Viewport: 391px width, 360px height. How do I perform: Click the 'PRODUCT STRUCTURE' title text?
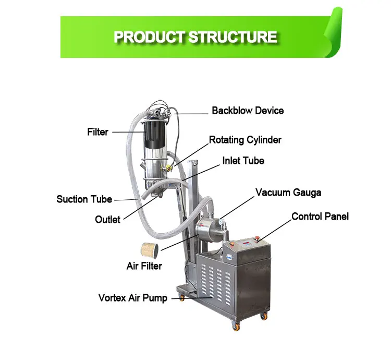click(195, 37)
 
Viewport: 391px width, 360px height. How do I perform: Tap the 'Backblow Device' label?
click(248, 111)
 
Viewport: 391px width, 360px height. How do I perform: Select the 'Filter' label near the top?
click(97, 132)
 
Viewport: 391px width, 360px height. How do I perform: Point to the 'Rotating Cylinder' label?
click(245, 140)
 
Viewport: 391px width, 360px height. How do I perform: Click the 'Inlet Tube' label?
click(243, 161)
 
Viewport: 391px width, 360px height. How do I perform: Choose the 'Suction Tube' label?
click(84, 199)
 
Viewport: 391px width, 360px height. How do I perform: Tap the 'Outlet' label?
click(107, 220)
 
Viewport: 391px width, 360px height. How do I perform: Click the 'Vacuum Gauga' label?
click(288, 193)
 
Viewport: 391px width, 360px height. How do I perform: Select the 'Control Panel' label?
click(320, 217)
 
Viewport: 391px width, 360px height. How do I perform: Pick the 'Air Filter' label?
click(144, 266)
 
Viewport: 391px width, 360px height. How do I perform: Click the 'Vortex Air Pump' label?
click(133, 298)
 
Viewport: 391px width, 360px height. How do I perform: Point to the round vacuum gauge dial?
click(223, 222)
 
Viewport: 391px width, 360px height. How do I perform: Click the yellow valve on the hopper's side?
click(168, 167)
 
